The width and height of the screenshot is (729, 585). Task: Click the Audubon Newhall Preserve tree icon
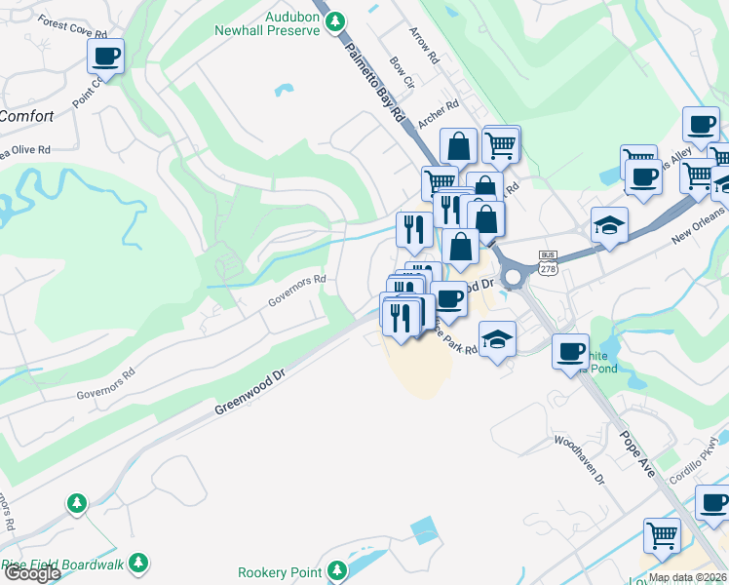[335, 20]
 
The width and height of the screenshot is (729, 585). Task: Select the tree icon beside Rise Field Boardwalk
[139, 563]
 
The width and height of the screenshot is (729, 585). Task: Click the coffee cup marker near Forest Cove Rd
[106, 55]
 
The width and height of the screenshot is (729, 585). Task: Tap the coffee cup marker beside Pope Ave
[569, 352]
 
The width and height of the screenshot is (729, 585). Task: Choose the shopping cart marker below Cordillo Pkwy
[662, 535]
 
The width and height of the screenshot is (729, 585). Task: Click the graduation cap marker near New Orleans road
[609, 224]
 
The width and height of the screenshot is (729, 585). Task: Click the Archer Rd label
[438, 117]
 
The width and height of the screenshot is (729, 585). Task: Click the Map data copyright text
[687, 577]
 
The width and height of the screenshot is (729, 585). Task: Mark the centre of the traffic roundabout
[514, 276]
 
